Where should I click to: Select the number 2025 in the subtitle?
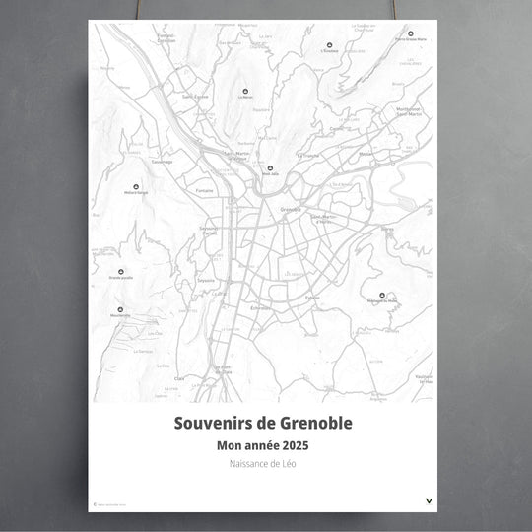tap(303, 445)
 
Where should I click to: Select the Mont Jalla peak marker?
tap(268, 168)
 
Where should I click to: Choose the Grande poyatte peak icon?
tap(122, 270)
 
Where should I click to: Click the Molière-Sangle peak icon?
tap(137, 183)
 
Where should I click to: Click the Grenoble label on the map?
tap(291, 210)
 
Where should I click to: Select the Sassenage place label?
tap(162, 163)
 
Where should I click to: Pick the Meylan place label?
tap(366, 154)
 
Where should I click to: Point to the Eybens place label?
tap(313, 297)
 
